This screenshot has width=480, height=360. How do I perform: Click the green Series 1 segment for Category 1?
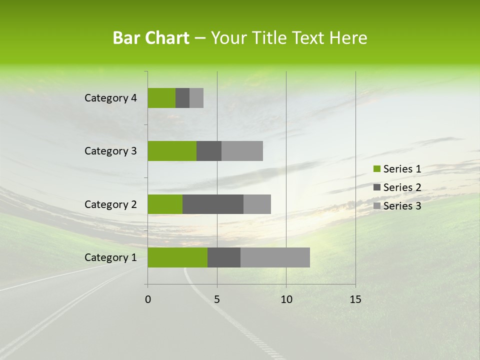(177, 257)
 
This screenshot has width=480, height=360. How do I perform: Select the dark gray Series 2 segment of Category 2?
(213, 204)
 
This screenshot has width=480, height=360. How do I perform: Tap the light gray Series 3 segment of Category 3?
(242, 151)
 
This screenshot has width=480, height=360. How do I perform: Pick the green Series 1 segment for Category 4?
(161, 98)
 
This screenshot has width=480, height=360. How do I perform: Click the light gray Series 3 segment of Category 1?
(275, 257)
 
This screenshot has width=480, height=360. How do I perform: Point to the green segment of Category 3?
(172, 151)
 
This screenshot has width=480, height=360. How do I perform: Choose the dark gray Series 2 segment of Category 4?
(182, 98)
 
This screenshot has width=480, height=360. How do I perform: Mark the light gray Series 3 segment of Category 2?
(257, 204)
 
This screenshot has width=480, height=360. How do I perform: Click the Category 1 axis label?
(110, 257)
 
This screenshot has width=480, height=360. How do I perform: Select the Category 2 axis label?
(110, 204)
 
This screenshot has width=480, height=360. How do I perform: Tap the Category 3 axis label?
(110, 151)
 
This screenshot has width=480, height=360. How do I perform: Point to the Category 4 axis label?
(110, 98)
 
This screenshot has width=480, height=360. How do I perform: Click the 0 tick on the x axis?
(148, 299)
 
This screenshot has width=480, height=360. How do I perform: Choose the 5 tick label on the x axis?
(217, 299)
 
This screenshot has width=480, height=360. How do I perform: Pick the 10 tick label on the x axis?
(286, 299)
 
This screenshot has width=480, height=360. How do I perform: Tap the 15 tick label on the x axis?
(355, 299)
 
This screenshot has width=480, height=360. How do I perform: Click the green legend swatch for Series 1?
(376, 169)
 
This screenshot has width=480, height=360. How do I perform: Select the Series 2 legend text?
(402, 187)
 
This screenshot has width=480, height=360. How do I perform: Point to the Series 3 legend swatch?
(376, 206)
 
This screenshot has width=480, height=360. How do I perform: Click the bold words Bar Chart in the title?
(151, 38)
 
